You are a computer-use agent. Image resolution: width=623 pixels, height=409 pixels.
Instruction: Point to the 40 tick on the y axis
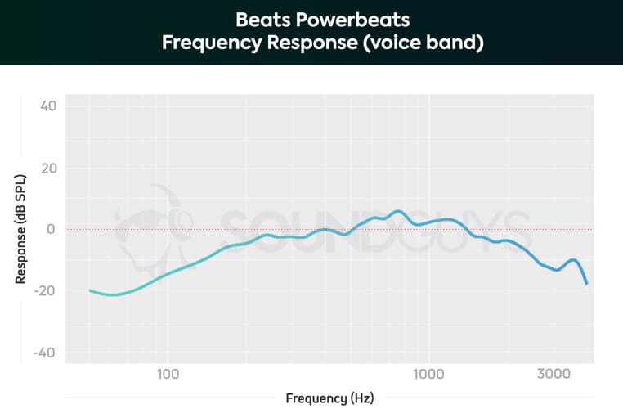coord(47,106)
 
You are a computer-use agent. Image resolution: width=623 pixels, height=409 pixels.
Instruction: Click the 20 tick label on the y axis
coord(47,168)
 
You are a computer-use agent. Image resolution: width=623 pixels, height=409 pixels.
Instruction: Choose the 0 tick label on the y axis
coord(51,229)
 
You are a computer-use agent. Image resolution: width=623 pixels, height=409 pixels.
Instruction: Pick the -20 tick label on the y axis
coord(45,291)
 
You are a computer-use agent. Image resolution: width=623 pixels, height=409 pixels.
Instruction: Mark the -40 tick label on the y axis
coord(45,353)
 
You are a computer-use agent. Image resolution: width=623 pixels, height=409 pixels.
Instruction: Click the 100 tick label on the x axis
coord(168,374)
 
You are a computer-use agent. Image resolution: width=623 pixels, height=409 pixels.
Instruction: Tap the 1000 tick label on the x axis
coord(427,374)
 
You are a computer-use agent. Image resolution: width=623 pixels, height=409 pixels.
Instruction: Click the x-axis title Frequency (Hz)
coord(329,398)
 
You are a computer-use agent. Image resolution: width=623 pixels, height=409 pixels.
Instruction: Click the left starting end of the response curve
coord(91,290)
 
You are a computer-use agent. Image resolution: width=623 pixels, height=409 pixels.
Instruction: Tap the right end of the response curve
coord(587,284)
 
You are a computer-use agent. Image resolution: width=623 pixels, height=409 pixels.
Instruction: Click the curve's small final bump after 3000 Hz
coord(574,260)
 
